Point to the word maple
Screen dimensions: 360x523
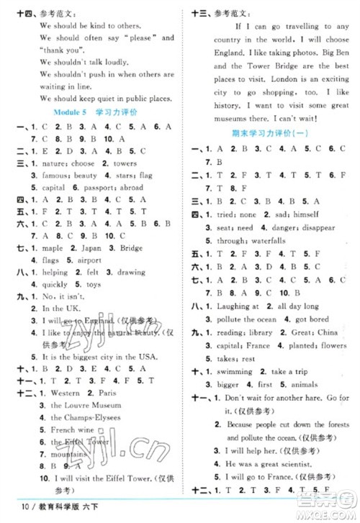point(44,250)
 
